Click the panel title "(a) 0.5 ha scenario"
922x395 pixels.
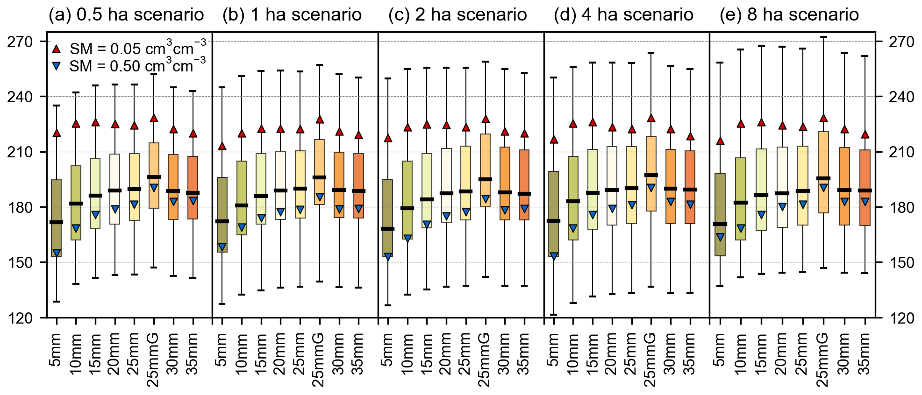126,15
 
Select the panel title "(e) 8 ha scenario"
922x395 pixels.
789,15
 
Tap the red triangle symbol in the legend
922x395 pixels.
57,49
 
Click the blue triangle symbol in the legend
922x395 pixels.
57,66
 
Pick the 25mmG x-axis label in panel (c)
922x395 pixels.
486,360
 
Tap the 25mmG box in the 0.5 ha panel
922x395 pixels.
154,175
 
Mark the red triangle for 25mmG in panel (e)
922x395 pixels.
824,119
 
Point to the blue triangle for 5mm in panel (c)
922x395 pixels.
388,256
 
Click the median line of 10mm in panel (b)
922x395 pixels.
242,205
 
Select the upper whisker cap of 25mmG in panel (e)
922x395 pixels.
824,37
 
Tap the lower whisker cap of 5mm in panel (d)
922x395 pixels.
554,315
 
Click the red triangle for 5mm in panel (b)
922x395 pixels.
222,146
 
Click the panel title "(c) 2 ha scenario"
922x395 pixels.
457,15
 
